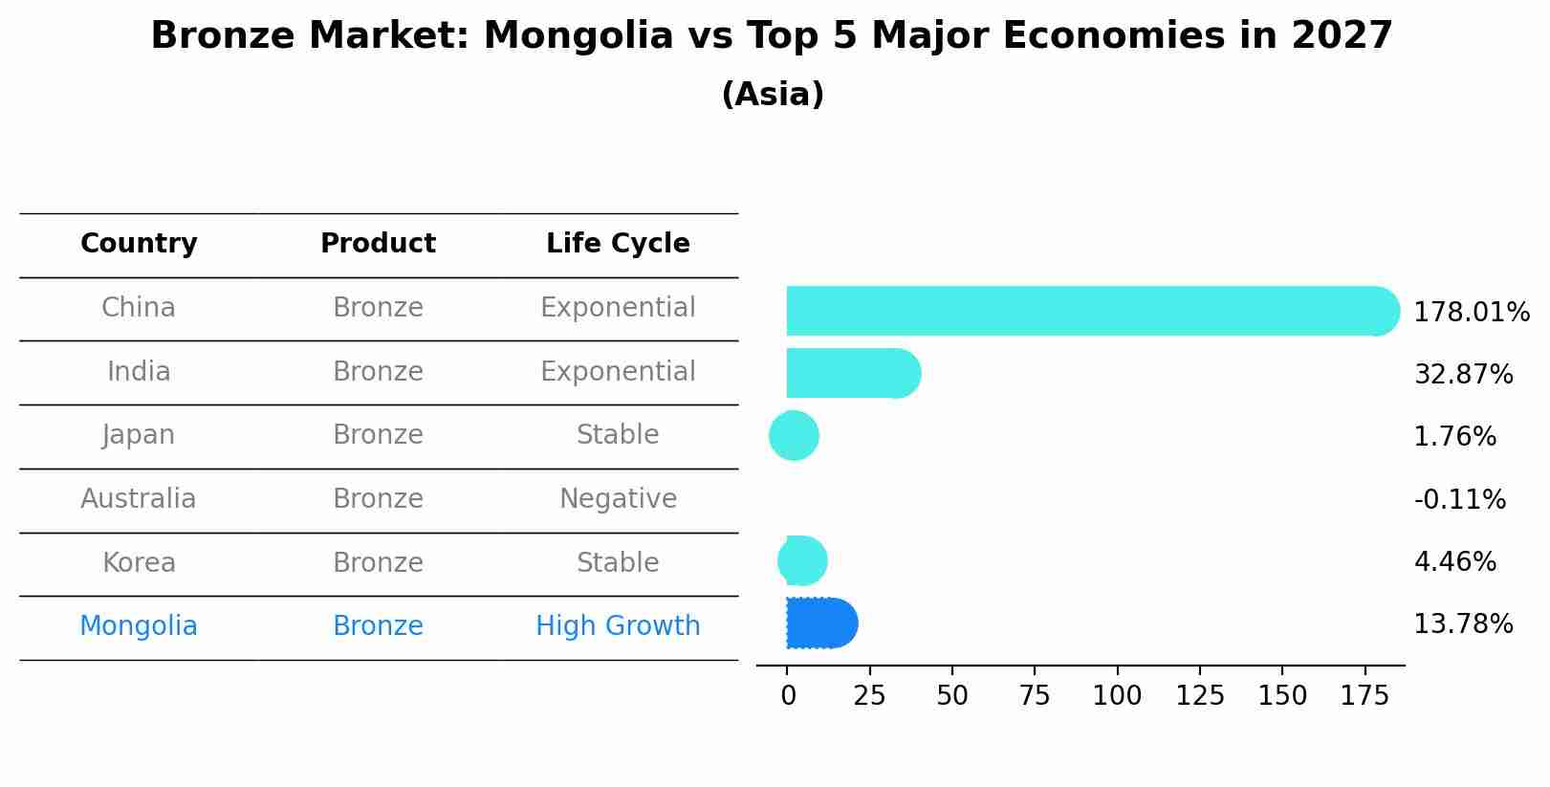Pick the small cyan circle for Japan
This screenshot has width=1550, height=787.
tap(794, 436)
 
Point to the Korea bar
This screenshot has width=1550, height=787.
tap(802, 561)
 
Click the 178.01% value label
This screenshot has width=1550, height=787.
tap(1471, 313)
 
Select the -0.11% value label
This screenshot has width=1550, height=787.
tap(1459, 500)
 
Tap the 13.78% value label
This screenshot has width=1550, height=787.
tap(1463, 624)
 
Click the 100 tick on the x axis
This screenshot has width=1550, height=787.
tap(1117, 696)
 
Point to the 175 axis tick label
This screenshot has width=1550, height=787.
tap(1364, 696)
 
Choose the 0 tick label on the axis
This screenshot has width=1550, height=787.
tap(788, 696)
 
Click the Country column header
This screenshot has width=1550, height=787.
tap(139, 244)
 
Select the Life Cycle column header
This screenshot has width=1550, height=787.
tap(618, 244)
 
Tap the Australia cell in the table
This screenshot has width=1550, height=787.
tap(139, 499)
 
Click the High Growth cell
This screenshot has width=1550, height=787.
tap(618, 626)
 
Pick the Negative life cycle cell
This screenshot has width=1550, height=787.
tap(618, 499)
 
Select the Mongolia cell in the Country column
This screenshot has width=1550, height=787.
tap(139, 626)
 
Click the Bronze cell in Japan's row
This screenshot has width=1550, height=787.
tap(378, 435)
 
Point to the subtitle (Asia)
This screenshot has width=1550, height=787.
tap(773, 95)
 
